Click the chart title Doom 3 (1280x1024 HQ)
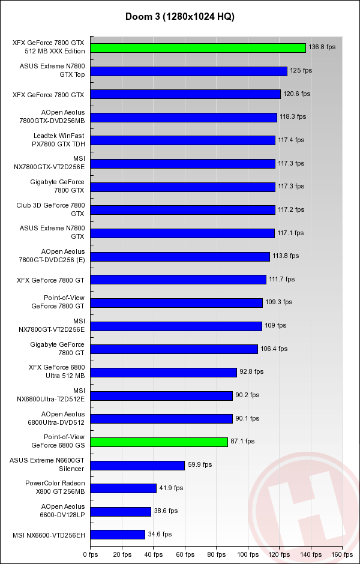[x=180, y=16]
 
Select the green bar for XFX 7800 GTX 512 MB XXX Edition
[x=198, y=47]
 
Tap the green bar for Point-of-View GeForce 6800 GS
[x=159, y=442]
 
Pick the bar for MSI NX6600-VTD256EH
[x=118, y=534]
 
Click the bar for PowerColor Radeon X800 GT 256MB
[x=123, y=488]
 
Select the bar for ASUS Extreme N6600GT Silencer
[x=137, y=465]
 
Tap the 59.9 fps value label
[x=200, y=465]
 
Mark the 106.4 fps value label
[x=274, y=349]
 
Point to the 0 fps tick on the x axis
[x=90, y=556]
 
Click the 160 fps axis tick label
[x=343, y=556]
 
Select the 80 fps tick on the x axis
[x=216, y=556]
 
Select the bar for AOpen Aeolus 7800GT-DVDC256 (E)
[x=180, y=256]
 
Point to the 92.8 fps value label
[x=251, y=372]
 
